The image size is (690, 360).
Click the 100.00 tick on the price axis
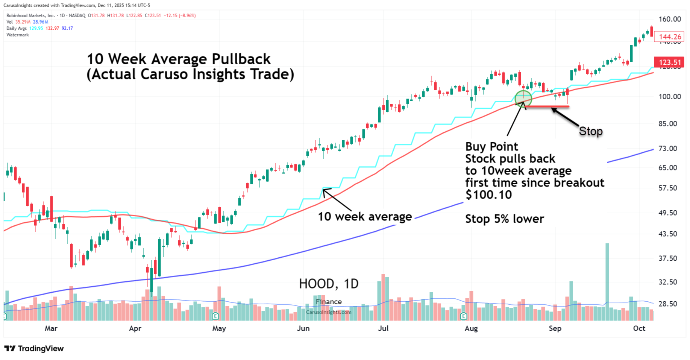click(669, 97)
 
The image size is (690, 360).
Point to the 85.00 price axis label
click(669, 124)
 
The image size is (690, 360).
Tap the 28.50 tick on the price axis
click(669, 304)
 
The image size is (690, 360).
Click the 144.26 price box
click(670, 37)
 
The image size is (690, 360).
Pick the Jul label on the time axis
click(383, 328)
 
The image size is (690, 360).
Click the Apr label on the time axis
click(135, 328)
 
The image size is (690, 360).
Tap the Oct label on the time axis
click(639, 328)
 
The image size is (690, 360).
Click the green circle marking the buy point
click(523, 99)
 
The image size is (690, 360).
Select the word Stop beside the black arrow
click(591, 131)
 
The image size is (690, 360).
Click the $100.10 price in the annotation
click(488, 195)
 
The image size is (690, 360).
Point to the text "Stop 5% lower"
click(504, 219)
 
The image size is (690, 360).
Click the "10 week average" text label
click(365, 217)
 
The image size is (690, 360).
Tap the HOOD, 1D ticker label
click(329, 284)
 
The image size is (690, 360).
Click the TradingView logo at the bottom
click(34, 349)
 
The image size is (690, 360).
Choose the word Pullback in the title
click(241, 59)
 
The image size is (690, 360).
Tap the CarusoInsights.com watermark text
click(329, 312)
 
